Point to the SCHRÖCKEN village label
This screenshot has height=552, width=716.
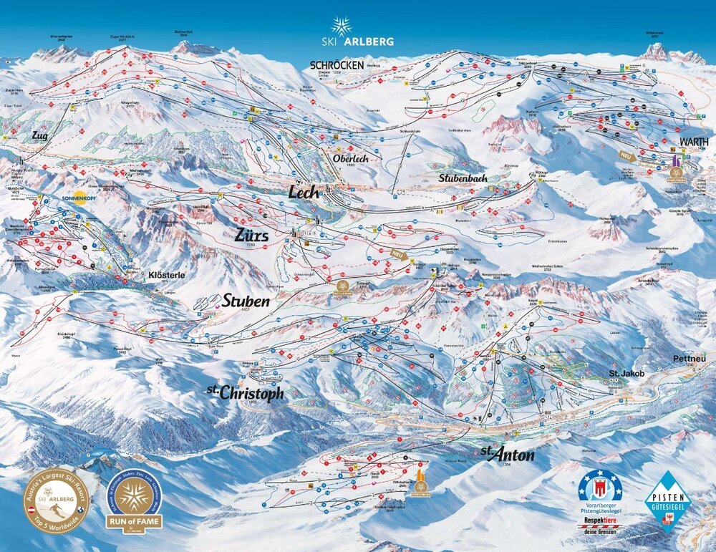(337, 64)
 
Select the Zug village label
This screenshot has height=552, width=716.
(39, 135)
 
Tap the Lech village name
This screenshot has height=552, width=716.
(303, 192)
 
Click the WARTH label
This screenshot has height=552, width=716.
(694, 141)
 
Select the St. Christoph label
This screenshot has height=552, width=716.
(245, 393)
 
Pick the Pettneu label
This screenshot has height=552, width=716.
(690, 358)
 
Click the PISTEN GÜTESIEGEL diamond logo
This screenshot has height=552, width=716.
(668, 501)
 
